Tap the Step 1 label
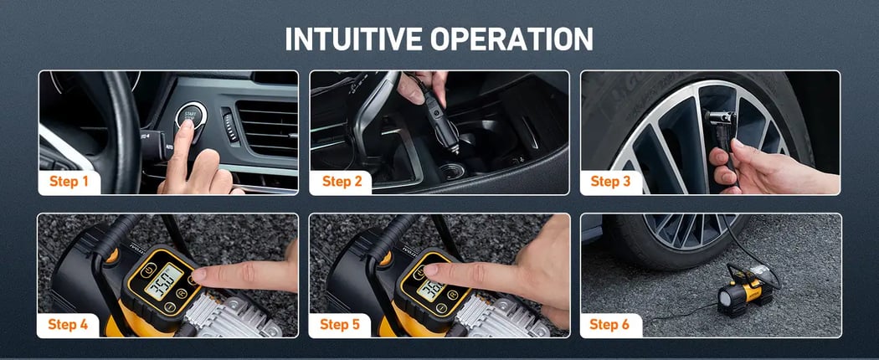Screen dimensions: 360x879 (x=69, y=182)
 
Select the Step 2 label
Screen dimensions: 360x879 (x=342, y=182)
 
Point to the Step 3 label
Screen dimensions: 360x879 (x=612, y=182)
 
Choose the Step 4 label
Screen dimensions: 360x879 (x=69, y=324)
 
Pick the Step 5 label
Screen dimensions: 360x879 (x=342, y=324)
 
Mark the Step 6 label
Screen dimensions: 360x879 (x=612, y=324)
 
